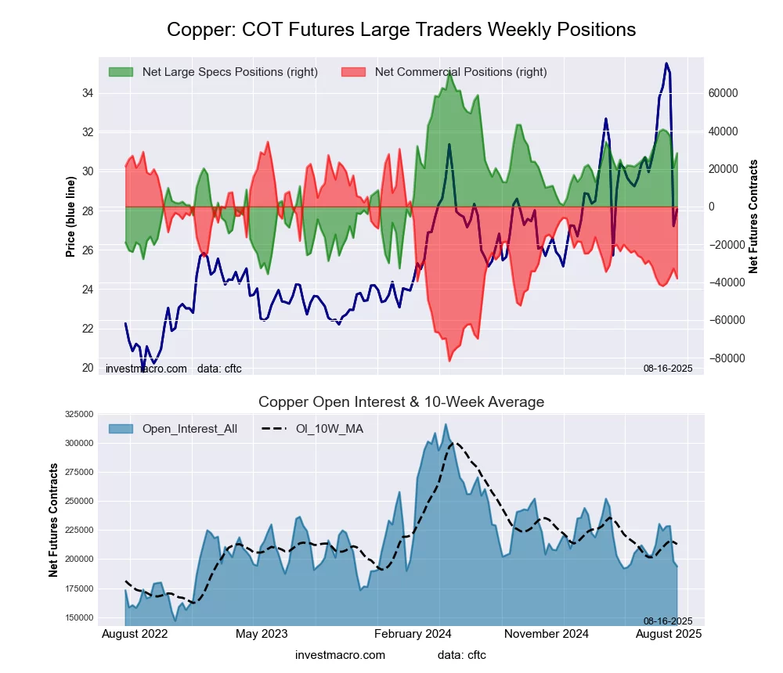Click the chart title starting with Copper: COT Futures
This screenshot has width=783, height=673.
pos(401,30)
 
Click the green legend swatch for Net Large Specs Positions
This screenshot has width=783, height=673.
pos(121,72)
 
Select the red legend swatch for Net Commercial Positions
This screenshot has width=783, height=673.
pos(354,72)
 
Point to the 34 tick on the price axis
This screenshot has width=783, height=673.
pos(87,93)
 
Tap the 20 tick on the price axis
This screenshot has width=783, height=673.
pos(87,368)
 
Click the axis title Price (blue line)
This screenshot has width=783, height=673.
pos(70,217)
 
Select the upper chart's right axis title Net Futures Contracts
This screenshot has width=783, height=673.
pos(753,216)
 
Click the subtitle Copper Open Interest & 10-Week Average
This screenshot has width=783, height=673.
pos(401,402)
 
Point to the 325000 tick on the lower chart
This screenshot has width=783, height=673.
pos(78,414)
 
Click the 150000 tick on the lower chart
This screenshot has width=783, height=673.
pos(78,617)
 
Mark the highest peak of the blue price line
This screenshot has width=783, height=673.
pos(666,63)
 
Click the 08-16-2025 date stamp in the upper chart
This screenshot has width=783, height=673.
pos(668,369)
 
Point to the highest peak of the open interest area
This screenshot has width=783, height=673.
pos(446,425)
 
